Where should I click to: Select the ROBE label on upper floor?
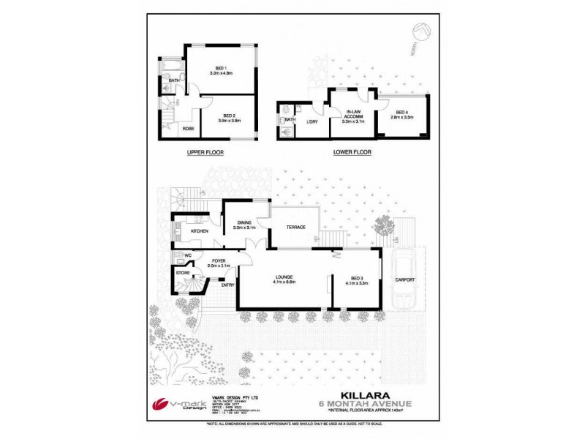point(188,128)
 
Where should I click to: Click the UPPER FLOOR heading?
point(205,153)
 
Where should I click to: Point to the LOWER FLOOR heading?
point(352,153)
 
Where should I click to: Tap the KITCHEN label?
point(200,231)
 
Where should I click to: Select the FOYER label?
point(219,260)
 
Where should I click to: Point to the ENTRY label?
point(227,285)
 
